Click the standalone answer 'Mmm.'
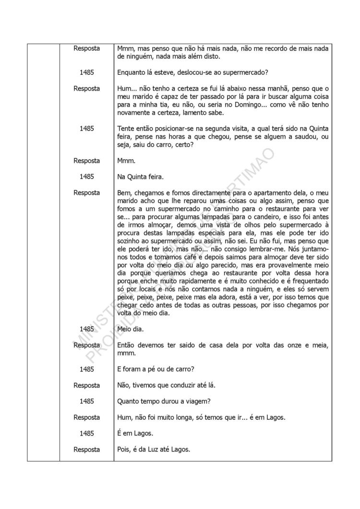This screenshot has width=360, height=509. pyautogui.click(x=126, y=161)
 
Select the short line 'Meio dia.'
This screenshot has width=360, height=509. pyautogui.click(x=131, y=329)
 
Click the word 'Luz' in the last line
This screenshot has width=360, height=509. pyautogui.click(x=163, y=450)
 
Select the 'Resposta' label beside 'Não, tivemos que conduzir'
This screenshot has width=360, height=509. pyautogui.click(x=86, y=385)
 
